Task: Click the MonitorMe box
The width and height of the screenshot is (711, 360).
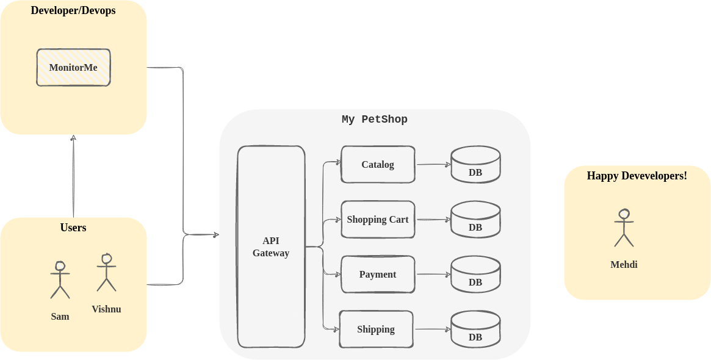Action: tap(73, 67)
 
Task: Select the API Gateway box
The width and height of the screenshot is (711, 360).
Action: tap(271, 247)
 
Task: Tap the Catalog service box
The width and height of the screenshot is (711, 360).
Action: tap(378, 164)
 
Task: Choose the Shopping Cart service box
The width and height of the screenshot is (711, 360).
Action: tap(378, 219)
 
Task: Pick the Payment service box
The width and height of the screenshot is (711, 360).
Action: tap(378, 274)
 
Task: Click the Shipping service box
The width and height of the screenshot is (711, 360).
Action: tap(376, 329)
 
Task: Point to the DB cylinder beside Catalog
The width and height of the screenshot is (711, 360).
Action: tap(475, 165)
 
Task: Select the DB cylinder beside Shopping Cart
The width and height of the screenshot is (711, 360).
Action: tap(475, 220)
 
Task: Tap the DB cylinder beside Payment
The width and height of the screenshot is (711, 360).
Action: tap(475, 275)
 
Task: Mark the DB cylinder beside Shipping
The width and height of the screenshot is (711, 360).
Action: tap(475, 329)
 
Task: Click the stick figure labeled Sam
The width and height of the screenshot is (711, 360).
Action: tap(60, 280)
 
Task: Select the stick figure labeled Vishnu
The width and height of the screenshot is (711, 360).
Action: tap(106, 273)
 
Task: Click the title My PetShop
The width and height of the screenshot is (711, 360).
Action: tap(374, 120)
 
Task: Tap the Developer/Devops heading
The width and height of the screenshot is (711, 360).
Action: tap(73, 10)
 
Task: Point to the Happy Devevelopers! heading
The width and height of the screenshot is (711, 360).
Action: tap(637, 176)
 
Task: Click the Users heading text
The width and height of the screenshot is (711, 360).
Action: tap(73, 228)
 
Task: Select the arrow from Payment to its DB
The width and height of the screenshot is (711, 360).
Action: tap(433, 275)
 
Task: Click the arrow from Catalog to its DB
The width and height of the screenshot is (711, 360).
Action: tap(433, 164)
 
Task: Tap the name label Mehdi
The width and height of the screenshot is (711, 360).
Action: tap(624, 265)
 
